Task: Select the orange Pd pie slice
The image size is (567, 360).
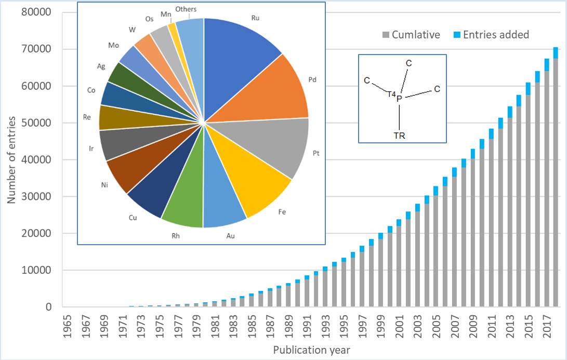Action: point(275,94)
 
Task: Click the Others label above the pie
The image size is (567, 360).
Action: point(186,9)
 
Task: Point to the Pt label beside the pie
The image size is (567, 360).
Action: point(316,154)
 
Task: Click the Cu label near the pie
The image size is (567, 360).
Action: point(133,218)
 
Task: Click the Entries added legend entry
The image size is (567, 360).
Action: point(496,35)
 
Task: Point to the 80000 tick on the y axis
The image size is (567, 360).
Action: point(37,12)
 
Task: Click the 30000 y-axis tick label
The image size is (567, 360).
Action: point(37,196)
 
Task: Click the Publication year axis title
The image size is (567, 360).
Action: point(311,350)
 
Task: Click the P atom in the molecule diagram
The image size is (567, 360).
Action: point(399,98)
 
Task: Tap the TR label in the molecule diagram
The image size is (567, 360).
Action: point(399,136)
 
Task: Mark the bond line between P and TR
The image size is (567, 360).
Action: point(399,117)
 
